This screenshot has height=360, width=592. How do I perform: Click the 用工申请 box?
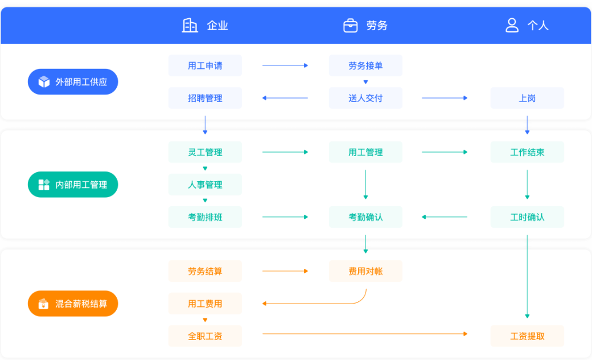(x=205, y=66)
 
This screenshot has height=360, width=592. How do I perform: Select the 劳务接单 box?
(x=365, y=66)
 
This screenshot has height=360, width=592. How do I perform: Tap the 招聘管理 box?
(x=205, y=98)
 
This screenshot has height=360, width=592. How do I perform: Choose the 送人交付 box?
(x=365, y=98)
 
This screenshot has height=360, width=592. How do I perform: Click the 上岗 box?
(x=527, y=98)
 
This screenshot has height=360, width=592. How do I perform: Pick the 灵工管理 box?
(x=205, y=152)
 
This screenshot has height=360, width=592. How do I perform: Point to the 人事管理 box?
(x=205, y=185)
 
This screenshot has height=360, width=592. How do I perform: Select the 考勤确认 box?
(x=365, y=217)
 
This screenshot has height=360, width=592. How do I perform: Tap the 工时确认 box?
(x=527, y=217)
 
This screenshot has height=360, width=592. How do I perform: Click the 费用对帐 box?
(x=365, y=271)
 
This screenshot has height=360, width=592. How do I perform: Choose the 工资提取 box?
(x=527, y=336)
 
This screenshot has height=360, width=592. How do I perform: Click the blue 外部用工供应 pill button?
(x=73, y=81)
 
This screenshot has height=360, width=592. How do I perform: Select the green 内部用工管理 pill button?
(x=73, y=185)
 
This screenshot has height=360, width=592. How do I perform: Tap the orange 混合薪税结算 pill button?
(x=73, y=304)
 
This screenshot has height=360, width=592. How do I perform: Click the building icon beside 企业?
(x=190, y=25)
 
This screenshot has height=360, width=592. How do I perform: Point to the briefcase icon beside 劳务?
(x=351, y=26)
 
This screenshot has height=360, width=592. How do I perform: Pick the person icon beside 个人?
(x=512, y=25)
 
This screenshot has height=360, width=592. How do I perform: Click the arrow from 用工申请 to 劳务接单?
(x=285, y=66)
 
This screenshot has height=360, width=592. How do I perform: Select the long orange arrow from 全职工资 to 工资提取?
(x=365, y=334)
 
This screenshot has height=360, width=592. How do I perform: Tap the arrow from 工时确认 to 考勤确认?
(x=445, y=217)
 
